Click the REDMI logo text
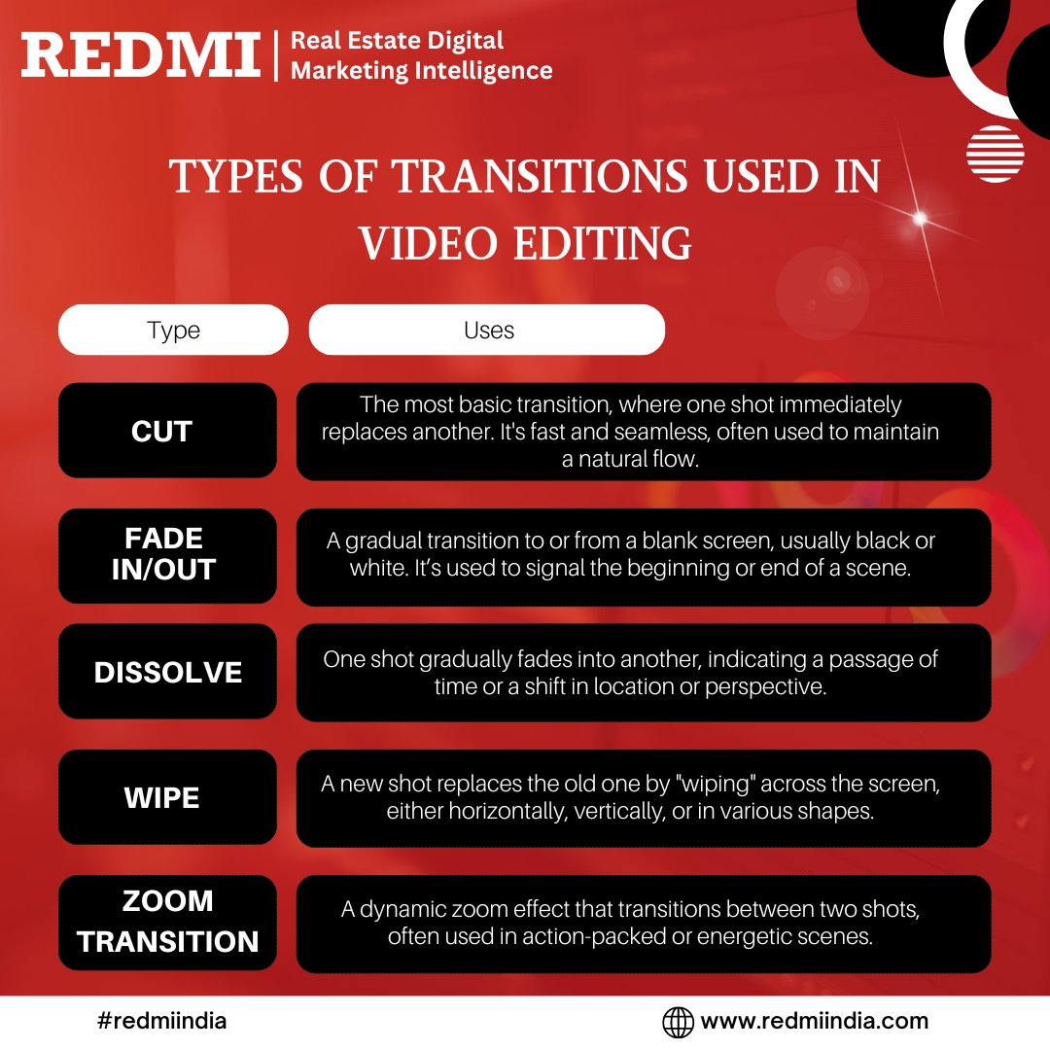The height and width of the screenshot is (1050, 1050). (141, 54)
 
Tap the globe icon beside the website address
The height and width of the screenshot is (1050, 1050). (678, 1022)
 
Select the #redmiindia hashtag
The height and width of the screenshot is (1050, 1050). (162, 1021)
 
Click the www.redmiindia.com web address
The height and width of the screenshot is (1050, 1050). (814, 1021)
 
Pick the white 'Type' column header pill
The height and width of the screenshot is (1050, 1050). (173, 331)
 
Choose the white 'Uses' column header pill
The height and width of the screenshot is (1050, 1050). (487, 331)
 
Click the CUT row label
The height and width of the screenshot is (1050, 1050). (162, 431)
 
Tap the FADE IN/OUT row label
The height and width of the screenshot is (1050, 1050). (162, 553)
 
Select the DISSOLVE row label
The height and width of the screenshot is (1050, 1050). (167, 673)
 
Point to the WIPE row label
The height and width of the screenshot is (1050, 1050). (162, 798)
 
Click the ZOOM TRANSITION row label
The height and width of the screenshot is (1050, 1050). (167, 921)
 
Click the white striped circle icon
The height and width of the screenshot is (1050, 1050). (995, 154)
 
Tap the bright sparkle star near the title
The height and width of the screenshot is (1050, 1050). (920, 218)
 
